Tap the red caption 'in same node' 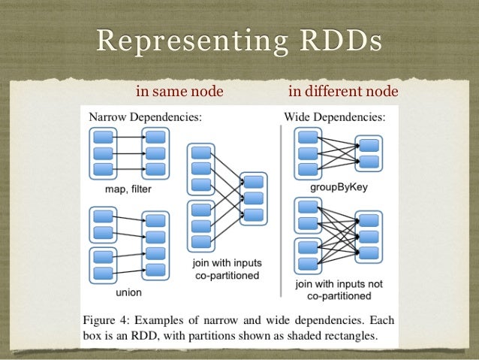[179, 92]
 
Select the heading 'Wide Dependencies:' [335, 117]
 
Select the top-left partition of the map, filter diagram [103, 137]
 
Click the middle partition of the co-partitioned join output [253, 198]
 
